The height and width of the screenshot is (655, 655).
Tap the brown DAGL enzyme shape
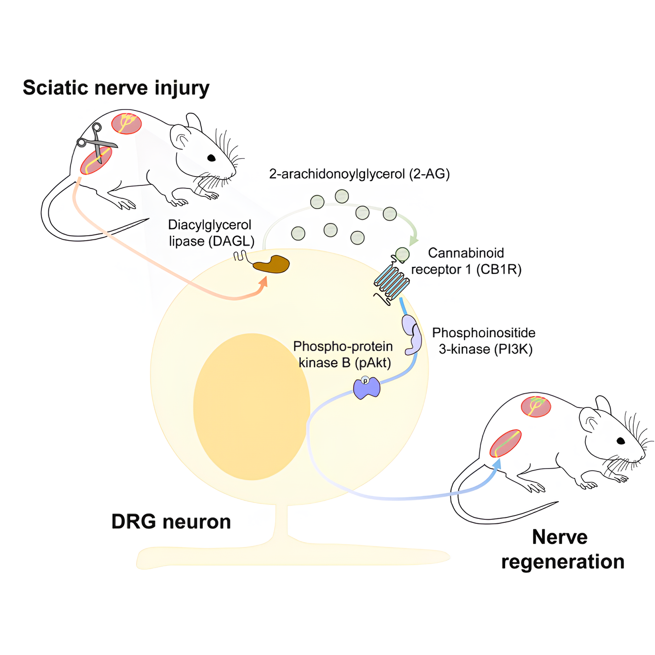272,265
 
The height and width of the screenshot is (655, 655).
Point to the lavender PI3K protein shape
413,335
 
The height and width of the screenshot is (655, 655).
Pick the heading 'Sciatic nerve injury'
116,88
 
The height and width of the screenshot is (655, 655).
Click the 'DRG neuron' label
171,521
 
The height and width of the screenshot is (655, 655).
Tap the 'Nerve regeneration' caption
562,549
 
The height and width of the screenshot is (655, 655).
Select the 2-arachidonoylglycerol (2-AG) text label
360,174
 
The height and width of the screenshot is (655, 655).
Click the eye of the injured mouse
211,158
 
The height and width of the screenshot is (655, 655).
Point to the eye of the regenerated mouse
620,440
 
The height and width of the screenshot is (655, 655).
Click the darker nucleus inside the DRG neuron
252,406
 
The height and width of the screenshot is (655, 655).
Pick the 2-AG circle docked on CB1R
402,255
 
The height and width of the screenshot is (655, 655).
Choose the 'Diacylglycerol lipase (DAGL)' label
211,233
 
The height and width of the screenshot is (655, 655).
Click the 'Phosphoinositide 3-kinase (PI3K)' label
484,341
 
